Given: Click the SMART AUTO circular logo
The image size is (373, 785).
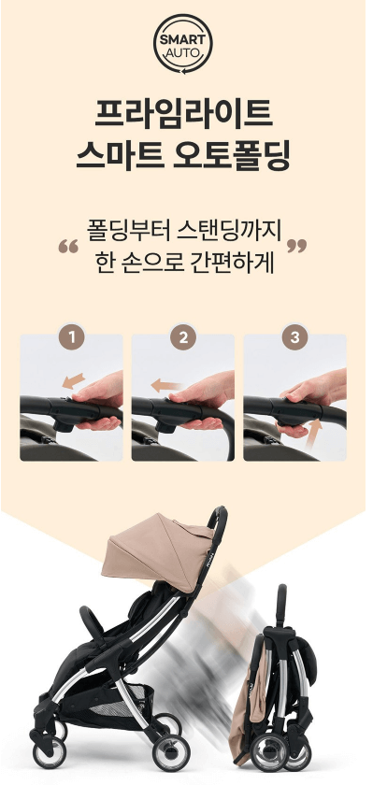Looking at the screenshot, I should pyautogui.click(x=184, y=42).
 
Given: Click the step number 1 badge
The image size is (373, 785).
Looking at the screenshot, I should pyautogui.click(x=71, y=337).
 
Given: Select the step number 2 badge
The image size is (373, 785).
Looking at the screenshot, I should pyautogui.click(x=183, y=337).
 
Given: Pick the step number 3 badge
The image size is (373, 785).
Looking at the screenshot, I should pyautogui.click(x=295, y=337).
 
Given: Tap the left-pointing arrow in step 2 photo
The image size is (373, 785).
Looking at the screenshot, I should pyautogui.click(x=168, y=384).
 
